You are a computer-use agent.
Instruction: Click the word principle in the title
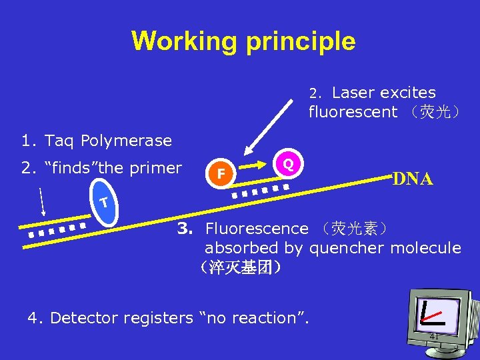pos(301,41)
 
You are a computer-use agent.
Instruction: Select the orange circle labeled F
pos(222,175)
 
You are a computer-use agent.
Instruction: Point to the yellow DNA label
pos(413,179)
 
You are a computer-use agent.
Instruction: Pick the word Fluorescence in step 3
pos(257,229)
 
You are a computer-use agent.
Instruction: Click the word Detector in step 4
pos(84,318)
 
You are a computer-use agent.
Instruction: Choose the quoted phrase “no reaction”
pos(255,318)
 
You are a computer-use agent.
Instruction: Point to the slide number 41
pos(434,337)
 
